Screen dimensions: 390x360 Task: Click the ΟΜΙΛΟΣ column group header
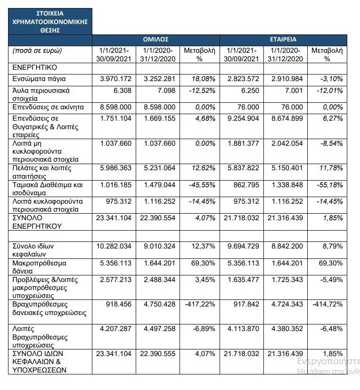[155, 40]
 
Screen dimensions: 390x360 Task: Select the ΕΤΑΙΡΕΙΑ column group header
[283, 40]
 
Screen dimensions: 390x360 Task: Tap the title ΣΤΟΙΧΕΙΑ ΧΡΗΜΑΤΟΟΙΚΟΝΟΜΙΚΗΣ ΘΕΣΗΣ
[50, 21]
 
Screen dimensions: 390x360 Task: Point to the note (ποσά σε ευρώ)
[38, 50]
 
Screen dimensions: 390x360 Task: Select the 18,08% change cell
[199, 78]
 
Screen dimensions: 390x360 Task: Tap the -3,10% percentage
[329, 78]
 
